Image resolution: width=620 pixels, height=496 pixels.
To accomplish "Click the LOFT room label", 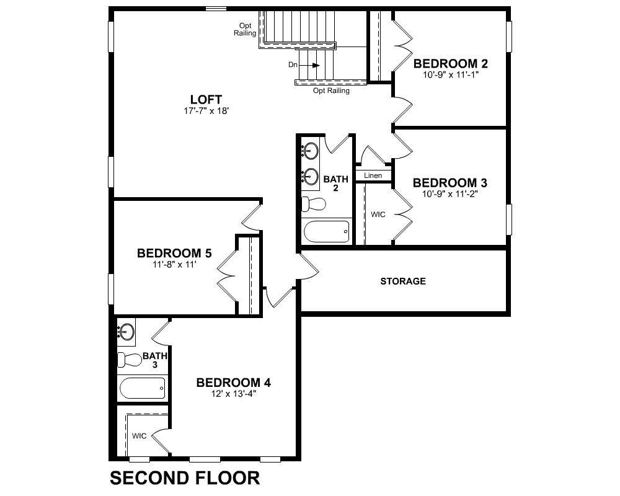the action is click(206, 99).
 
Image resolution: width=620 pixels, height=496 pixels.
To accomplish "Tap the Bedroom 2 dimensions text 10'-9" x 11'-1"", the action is click(451, 75).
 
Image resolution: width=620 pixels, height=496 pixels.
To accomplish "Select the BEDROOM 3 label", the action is click(450, 183).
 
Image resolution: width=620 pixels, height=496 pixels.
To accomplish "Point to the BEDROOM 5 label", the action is click(174, 253).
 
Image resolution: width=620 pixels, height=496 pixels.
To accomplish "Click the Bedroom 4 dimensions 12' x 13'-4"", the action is click(234, 394).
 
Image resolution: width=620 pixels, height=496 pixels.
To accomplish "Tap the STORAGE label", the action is click(403, 281).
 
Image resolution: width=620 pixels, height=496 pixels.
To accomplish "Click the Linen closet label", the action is click(373, 175).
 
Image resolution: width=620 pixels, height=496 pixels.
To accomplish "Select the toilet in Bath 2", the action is click(314, 204).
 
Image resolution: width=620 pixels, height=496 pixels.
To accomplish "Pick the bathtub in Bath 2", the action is click(326, 231).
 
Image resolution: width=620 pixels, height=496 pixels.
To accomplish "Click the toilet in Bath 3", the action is click(130, 359).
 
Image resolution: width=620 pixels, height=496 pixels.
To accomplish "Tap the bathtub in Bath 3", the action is click(142, 388).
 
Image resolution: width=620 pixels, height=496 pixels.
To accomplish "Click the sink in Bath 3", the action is click(127, 332).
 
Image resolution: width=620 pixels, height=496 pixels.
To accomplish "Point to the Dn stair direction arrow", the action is click(315, 65).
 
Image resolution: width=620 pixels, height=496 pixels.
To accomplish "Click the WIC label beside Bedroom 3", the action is click(378, 215).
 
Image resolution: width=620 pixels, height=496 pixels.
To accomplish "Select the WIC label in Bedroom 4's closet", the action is click(139, 436).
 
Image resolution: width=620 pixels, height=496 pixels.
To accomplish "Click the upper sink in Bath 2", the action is click(311, 151).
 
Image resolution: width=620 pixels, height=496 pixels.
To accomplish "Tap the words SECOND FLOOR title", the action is click(185, 478).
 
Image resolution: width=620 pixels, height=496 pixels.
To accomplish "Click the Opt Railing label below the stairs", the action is click(331, 91).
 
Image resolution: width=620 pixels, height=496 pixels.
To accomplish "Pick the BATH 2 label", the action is click(335, 184).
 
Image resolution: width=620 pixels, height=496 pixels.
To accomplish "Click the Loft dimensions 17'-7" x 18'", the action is click(206, 111).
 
